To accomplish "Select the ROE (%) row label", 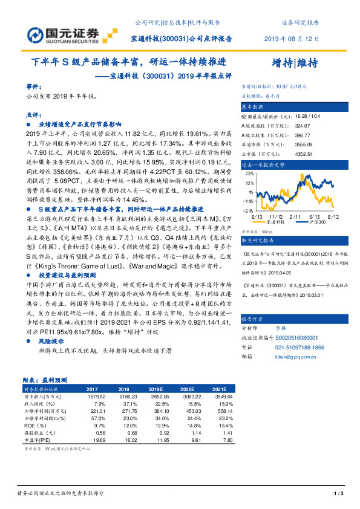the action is coord(34,426).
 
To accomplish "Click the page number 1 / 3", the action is coord(338,494).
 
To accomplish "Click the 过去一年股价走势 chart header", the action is coord(262,164).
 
